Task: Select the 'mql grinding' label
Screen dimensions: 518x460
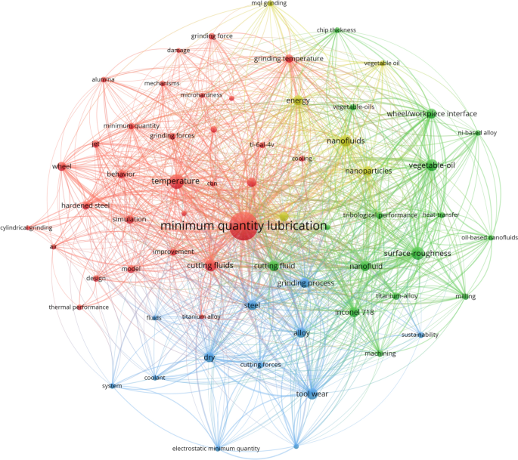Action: point(269,4)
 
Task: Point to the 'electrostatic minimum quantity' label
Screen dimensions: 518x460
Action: point(216,449)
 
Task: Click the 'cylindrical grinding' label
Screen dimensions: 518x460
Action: point(26,227)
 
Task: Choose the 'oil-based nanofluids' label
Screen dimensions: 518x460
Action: point(489,238)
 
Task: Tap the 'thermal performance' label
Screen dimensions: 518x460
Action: point(79,307)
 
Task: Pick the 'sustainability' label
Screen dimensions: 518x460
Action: point(420,335)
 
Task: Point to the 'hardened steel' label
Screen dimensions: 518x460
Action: point(85,205)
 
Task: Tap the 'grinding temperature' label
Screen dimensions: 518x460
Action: point(288,58)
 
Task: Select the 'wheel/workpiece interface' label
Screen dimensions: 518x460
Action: point(432,114)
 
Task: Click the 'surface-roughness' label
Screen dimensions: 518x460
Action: point(417,254)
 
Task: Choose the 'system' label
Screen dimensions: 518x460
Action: point(111,386)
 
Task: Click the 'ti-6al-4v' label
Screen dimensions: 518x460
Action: point(262,144)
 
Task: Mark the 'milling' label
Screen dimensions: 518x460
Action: point(465,297)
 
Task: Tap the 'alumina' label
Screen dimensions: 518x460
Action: point(103,79)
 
